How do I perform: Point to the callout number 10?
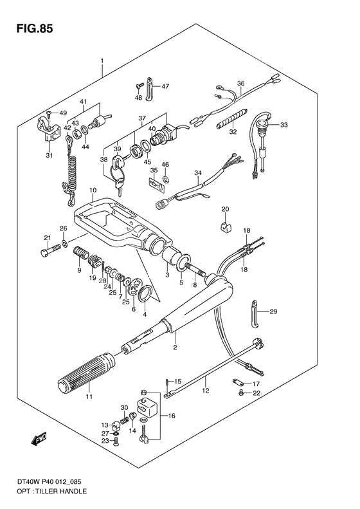coord(93,190)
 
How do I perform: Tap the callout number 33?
coord(283,125)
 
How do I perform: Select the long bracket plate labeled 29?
coord(255,313)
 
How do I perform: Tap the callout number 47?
coord(165,86)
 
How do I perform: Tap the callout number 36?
coord(241,82)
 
